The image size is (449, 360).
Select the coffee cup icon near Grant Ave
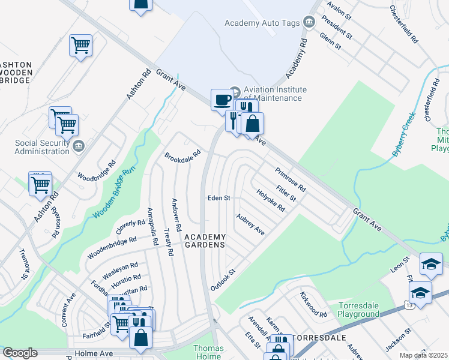[222, 99]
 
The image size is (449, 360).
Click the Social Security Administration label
[43, 147]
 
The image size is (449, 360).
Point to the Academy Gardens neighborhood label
[205, 241]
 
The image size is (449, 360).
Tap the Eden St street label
[219, 197]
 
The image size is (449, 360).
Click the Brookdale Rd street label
[182, 160]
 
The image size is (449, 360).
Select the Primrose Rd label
[291, 179]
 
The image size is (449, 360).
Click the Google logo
[20, 353]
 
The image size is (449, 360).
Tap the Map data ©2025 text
[423, 355]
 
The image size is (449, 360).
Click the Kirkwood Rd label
[314, 305]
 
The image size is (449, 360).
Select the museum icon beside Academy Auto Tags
[309, 23]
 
